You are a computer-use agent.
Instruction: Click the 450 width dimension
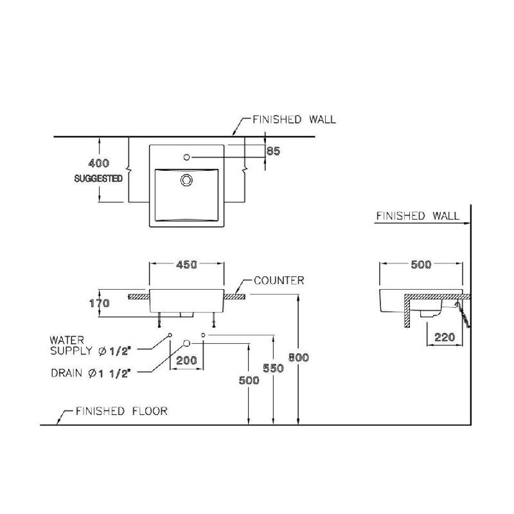point(186,264)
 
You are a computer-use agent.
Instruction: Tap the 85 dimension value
point(273,151)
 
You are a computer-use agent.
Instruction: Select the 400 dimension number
point(99,163)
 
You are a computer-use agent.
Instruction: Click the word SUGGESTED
point(98,179)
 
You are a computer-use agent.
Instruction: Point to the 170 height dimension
point(100,303)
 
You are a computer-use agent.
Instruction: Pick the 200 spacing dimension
point(186,360)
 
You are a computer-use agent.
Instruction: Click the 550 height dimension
point(273,368)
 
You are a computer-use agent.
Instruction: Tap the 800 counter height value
point(298,357)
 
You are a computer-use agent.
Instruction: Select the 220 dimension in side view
point(445,337)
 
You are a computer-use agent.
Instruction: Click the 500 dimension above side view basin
point(421,264)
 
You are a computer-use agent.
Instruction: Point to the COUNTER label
point(279,281)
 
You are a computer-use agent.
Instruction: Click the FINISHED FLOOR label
point(121,411)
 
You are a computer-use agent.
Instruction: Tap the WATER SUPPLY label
point(90,346)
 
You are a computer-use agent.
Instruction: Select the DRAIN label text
point(91,373)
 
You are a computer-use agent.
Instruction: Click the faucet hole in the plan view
point(186,157)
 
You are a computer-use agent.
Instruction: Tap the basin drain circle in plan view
point(186,180)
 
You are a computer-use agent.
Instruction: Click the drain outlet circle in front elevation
point(186,343)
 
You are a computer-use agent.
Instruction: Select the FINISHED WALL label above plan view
point(294,120)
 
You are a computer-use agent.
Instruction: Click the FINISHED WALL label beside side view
point(418,216)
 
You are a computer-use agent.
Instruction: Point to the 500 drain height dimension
point(249,380)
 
